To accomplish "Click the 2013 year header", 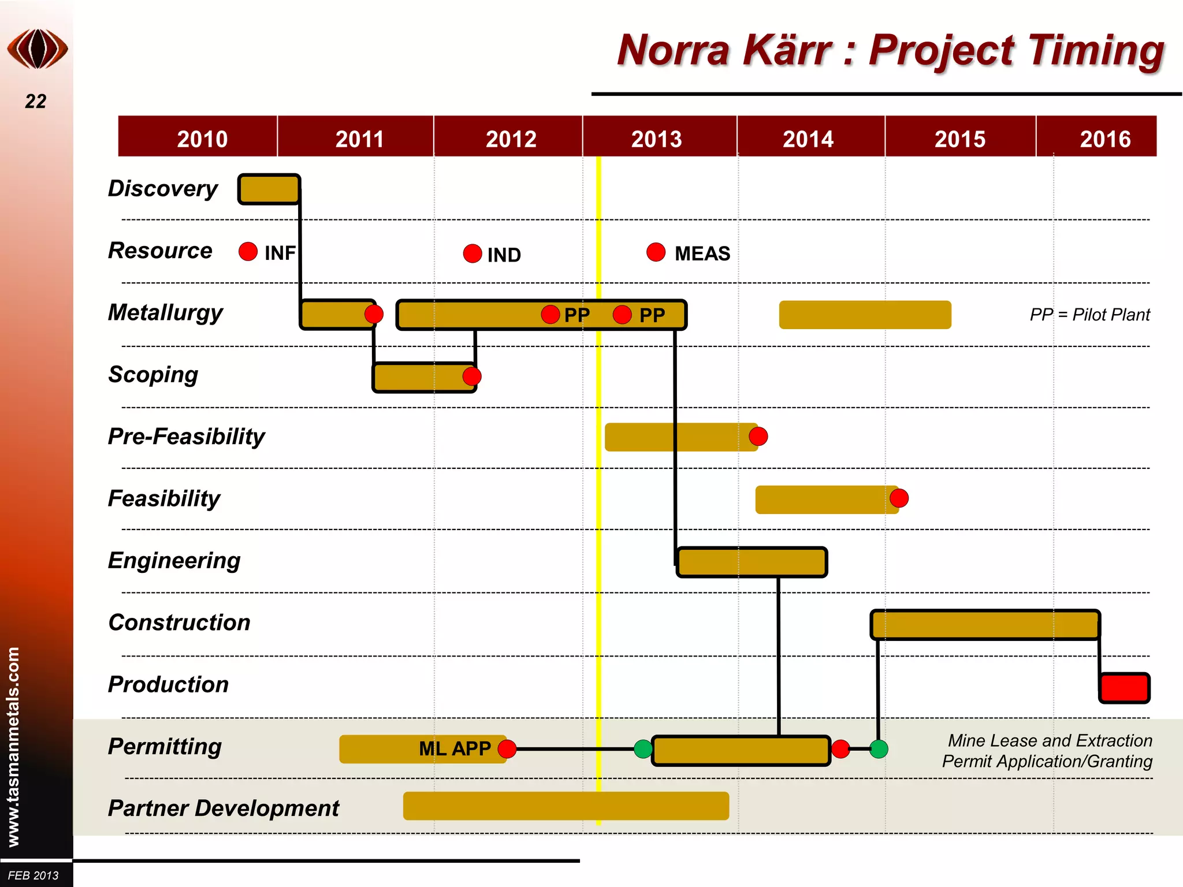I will click(x=657, y=139).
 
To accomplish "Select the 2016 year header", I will click(x=1104, y=139).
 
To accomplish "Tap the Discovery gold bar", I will click(x=269, y=189).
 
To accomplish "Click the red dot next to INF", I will click(x=248, y=251).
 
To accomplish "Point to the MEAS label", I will click(x=702, y=254).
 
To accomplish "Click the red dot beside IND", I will click(x=473, y=254).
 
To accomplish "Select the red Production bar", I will click(x=1124, y=688).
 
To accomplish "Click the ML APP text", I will click(x=455, y=749).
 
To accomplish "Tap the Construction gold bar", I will click(x=985, y=625).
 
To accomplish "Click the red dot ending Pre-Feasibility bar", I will click(x=758, y=437).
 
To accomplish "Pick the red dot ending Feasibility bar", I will click(x=899, y=498).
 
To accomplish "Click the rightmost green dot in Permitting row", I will click(x=879, y=749).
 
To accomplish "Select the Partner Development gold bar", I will click(x=566, y=806).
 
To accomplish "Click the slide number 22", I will click(x=35, y=102).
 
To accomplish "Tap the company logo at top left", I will click(x=38, y=49).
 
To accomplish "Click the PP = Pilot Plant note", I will click(x=1089, y=315).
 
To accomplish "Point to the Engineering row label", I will click(x=174, y=561).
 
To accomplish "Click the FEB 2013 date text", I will click(x=34, y=875).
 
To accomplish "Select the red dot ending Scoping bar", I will click(x=472, y=377).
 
